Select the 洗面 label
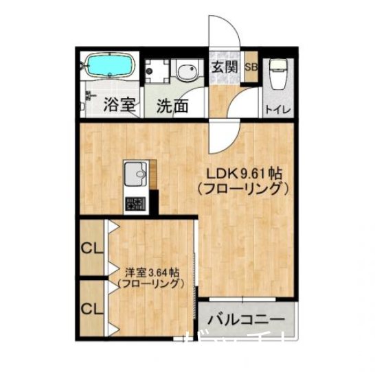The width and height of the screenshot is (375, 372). click(x=172, y=106)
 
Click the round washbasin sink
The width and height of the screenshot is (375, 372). click(x=185, y=72)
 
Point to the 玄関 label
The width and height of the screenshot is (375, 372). click(x=224, y=67)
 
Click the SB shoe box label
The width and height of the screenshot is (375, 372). click(x=251, y=67)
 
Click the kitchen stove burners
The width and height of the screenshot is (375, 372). click(x=136, y=202)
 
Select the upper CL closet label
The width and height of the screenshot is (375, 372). click(x=90, y=248)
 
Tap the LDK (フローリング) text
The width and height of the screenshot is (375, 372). click(x=239, y=187)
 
